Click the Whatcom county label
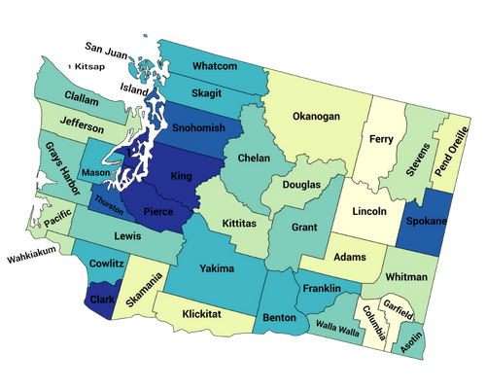tap(215, 66)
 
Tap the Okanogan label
tap(316, 117)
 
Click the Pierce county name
tap(158, 210)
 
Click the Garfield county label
tap(399, 313)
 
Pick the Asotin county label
tap(412, 337)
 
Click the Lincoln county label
tap(369, 211)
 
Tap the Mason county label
tap(96, 173)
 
